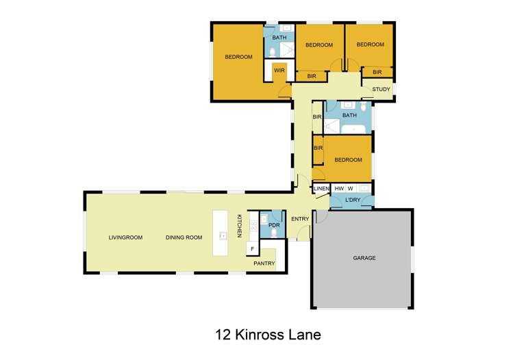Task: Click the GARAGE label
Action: pyautogui.click(x=364, y=258)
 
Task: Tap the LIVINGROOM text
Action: pyautogui.click(x=125, y=237)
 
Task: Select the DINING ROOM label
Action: pyautogui.click(x=184, y=237)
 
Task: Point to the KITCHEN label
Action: pyautogui.click(x=240, y=226)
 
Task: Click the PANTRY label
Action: pyautogui.click(x=264, y=263)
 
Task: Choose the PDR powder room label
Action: pyautogui.click(x=274, y=224)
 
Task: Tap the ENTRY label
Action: pyautogui.click(x=300, y=219)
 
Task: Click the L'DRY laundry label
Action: pyautogui.click(x=353, y=200)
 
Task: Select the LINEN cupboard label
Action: pyautogui.click(x=321, y=188)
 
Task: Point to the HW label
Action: pyautogui.click(x=338, y=188)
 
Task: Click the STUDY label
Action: pyautogui.click(x=381, y=90)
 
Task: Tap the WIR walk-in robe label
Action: pyautogui.click(x=279, y=70)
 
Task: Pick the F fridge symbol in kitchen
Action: pyautogui.click(x=253, y=248)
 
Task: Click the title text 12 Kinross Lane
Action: pyautogui.click(x=267, y=335)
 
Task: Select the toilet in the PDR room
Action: pyautogui.click(x=275, y=233)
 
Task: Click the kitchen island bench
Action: pyautogui.click(x=223, y=233)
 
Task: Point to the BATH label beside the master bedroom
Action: pyautogui.click(x=279, y=38)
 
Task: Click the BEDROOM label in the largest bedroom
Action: pyautogui.click(x=239, y=57)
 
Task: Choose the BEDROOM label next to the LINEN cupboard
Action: pyautogui.click(x=348, y=160)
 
